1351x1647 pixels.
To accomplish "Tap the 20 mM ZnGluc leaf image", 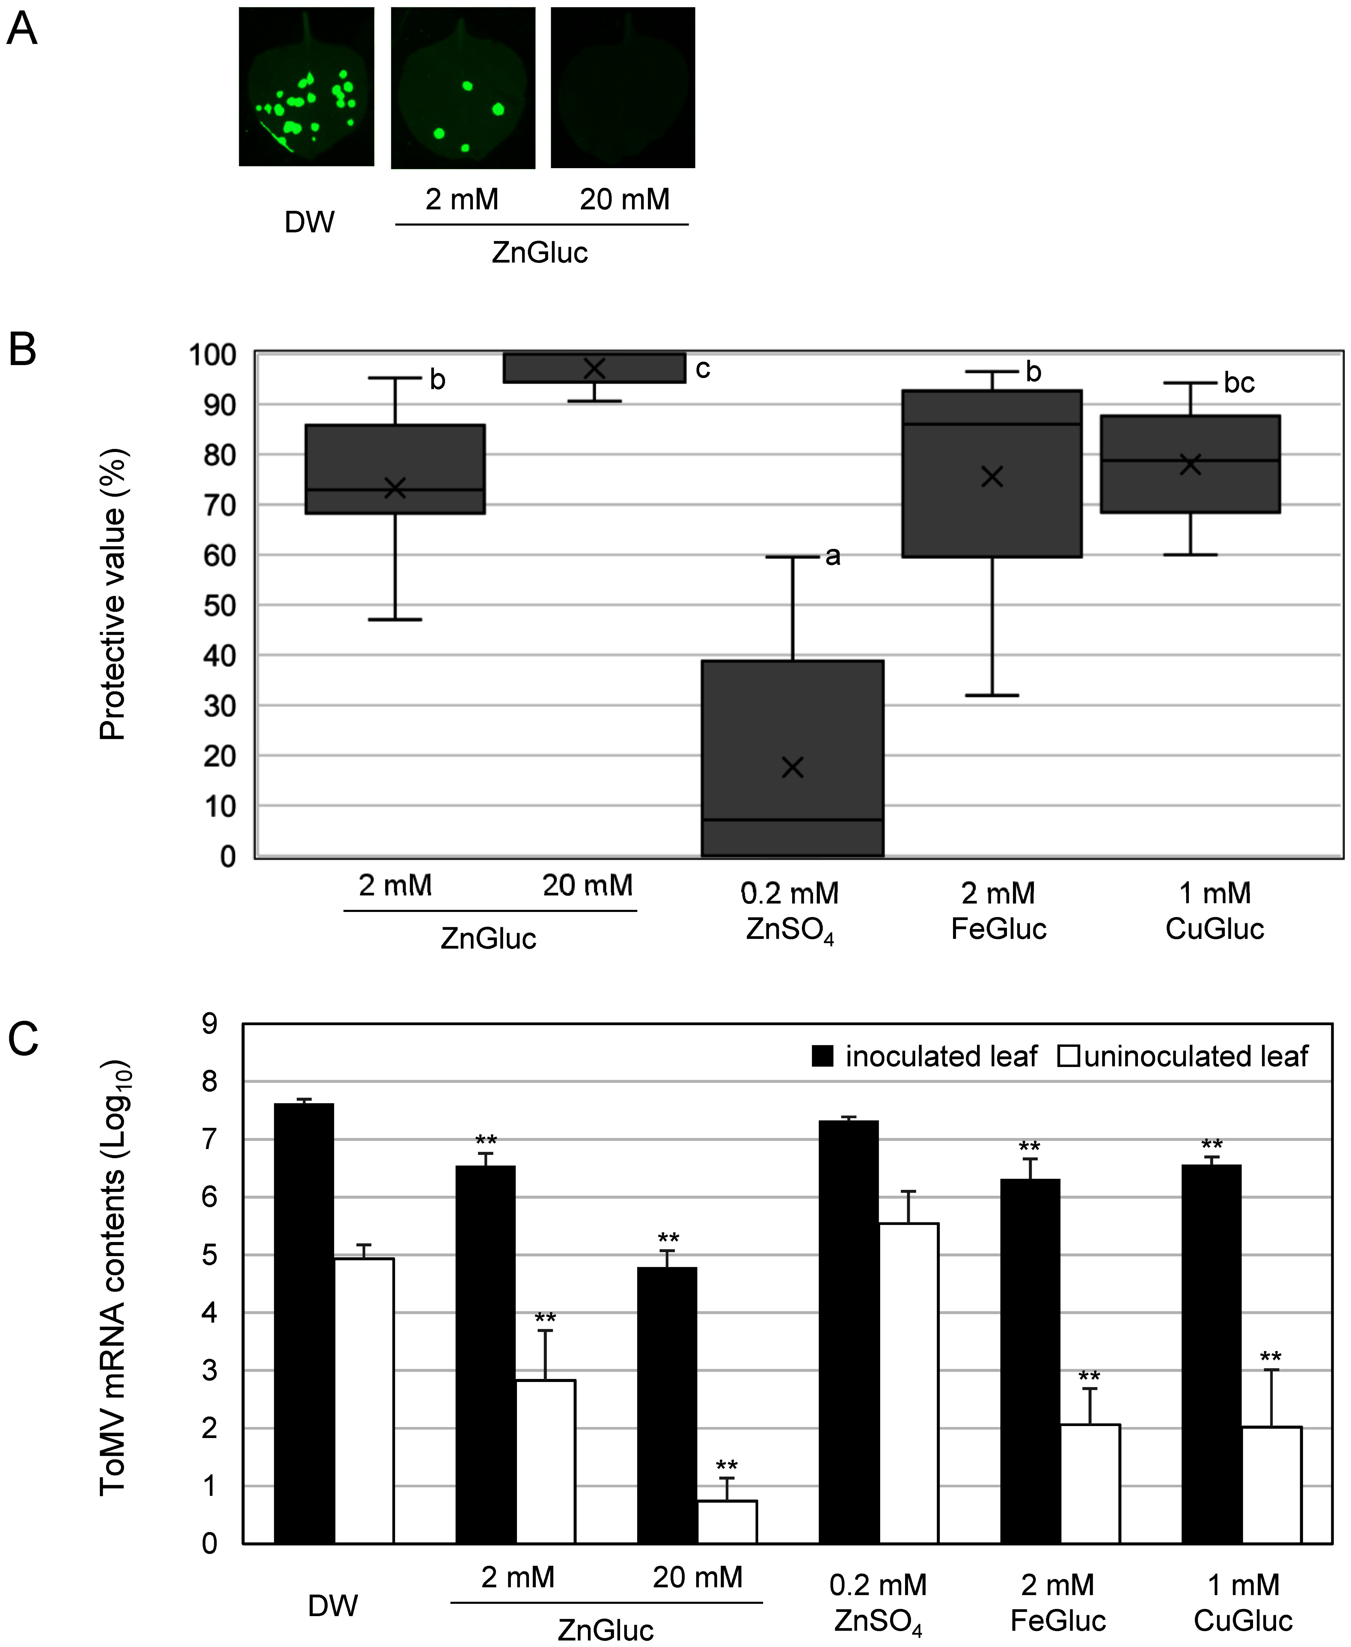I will [x=622, y=87].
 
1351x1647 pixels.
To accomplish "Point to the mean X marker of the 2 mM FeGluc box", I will [x=991, y=476].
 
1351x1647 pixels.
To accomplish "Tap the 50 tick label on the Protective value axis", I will [x=219, y=606].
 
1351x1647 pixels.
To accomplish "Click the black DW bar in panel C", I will [x=304, y=1323].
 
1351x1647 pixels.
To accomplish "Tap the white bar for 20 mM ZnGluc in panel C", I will [x=727, y=1522].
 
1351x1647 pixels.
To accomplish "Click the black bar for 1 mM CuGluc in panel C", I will [x=1211, y=1354].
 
